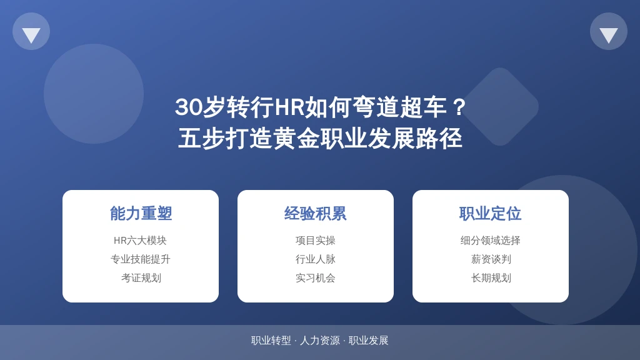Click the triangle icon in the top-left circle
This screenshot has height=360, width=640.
point(31,35)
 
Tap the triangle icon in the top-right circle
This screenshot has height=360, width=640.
point(609,35)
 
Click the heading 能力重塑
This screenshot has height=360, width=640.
point(141,214)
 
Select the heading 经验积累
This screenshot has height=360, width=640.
point(316,214)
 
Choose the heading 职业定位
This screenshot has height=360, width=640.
point(490,214)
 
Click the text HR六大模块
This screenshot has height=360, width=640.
point(141,241)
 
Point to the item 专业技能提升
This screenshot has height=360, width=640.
point(141,259)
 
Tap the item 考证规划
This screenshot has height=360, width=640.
point(141,278)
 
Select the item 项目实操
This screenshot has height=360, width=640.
point(316,241)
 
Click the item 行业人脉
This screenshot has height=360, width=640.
point(316,259)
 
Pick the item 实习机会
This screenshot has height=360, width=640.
point(316,278)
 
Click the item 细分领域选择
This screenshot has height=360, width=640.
point(490,241)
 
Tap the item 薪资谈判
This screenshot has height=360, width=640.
point(491,259)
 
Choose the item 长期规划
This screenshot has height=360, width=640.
point(491,278)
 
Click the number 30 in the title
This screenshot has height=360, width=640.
point(188,107)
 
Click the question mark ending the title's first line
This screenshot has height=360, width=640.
point(459,107)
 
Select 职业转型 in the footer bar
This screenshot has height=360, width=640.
point(271,341)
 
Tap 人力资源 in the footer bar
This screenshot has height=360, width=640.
point(319,341)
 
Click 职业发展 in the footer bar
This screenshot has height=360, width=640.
point(368,341)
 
